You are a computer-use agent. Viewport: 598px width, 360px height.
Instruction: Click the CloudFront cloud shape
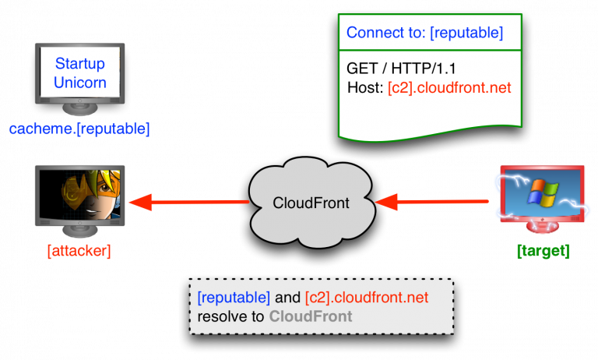311,202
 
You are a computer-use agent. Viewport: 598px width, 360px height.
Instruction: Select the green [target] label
543,251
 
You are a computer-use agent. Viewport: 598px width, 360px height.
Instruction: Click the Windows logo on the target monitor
542,192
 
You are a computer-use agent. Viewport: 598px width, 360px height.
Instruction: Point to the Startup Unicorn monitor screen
80,72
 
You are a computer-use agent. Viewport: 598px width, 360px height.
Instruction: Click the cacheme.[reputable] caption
79,128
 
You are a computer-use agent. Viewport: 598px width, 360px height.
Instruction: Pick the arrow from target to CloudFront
433,203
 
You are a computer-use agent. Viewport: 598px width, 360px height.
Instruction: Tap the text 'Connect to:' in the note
379,33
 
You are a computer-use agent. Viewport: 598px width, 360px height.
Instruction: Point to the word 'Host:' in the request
365,87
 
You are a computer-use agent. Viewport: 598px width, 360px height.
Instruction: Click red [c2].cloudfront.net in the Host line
449,87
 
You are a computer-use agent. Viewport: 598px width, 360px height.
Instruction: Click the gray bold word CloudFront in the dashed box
311,316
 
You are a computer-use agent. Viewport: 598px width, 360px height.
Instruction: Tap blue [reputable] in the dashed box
234,298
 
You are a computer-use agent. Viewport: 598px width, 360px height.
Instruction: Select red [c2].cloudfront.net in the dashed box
367,298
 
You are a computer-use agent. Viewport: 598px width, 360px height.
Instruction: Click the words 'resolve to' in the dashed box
231,316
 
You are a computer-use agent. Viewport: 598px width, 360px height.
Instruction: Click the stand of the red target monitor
542,227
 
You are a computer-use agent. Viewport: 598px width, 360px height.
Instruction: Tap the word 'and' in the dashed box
287,298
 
